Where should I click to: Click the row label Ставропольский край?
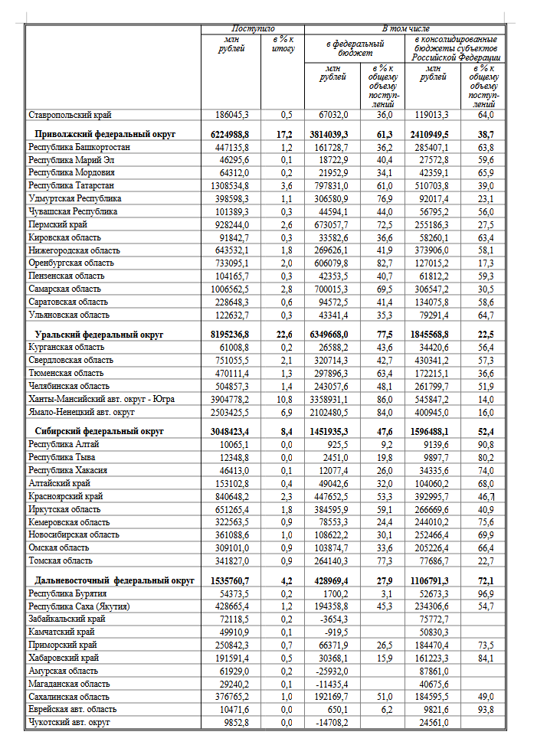70,115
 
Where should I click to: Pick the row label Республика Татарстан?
71,185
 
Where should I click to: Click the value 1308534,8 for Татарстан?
229,185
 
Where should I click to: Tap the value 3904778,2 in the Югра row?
229,399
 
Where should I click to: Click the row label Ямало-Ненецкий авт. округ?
83,412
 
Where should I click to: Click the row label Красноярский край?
66,496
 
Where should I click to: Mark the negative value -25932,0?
333,671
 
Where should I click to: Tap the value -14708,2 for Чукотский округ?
333,722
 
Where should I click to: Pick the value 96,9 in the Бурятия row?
483,593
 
